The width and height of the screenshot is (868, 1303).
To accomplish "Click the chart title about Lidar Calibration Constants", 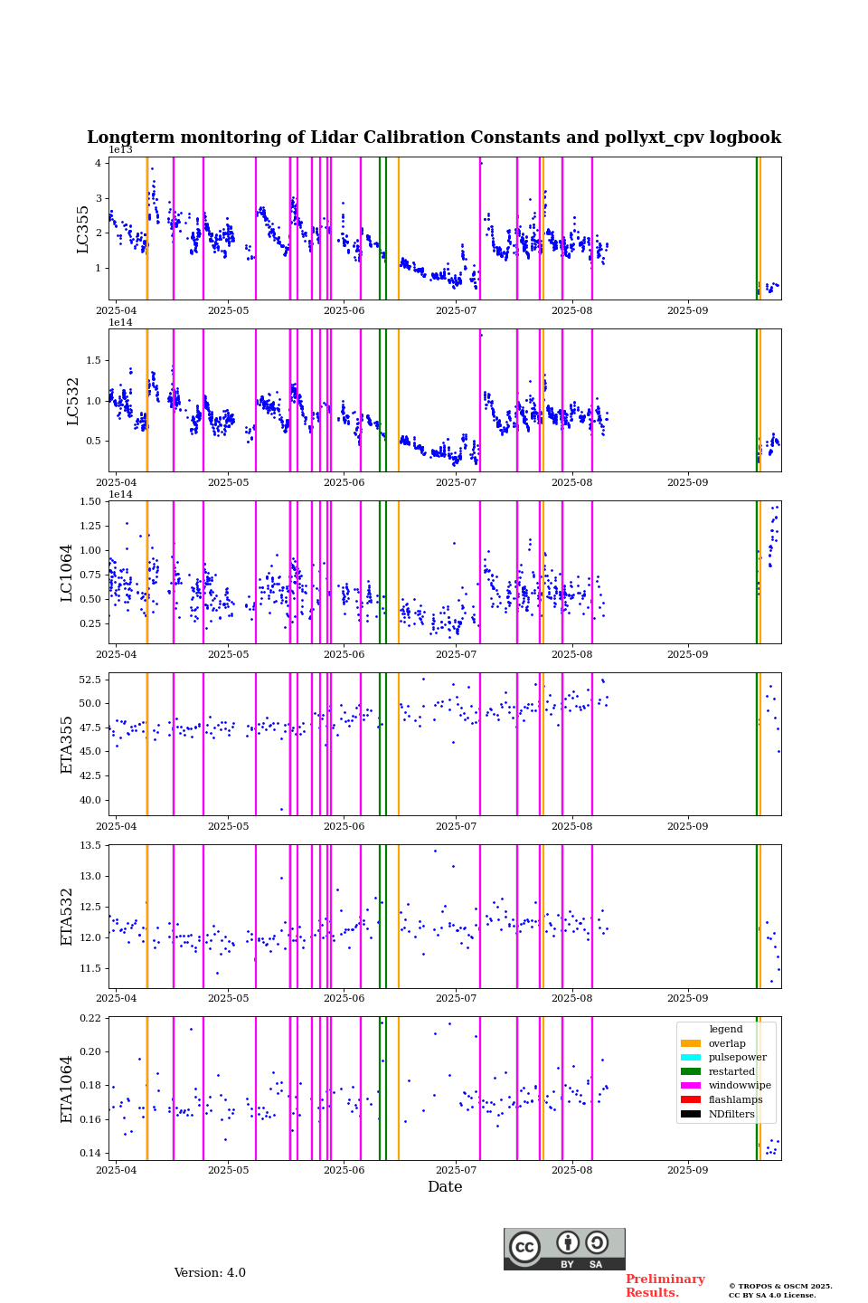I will (434, 138).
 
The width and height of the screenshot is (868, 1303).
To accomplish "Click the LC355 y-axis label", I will (83, 229).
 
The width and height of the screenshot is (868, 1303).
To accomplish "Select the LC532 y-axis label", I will (73, 401).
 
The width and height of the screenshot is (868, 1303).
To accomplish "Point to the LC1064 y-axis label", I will (67, 573).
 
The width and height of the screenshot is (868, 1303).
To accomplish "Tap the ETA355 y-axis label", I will (67, 745).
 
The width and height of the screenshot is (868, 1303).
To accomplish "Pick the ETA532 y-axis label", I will (67, 917).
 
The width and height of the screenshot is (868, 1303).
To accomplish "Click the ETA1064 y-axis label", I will (67, 1089).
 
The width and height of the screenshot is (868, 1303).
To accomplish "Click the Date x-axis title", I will (445, 1187).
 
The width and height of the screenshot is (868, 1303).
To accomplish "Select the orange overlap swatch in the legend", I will (691, 1043).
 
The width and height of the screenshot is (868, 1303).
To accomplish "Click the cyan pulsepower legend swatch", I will (691, 1058).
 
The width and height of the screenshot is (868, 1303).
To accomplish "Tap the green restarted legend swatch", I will (691, 1071).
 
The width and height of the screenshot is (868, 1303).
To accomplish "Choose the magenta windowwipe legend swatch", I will (691, 1086).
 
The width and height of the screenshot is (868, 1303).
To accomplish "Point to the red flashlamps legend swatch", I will (691, 1100).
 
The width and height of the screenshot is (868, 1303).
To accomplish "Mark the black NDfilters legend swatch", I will (691, 1114).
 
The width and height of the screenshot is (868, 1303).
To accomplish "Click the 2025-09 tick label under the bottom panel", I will (687, 1170).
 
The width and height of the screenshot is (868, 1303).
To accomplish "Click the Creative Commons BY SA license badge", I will (564, 1249).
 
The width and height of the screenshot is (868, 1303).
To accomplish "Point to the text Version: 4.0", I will (210, 1273).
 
